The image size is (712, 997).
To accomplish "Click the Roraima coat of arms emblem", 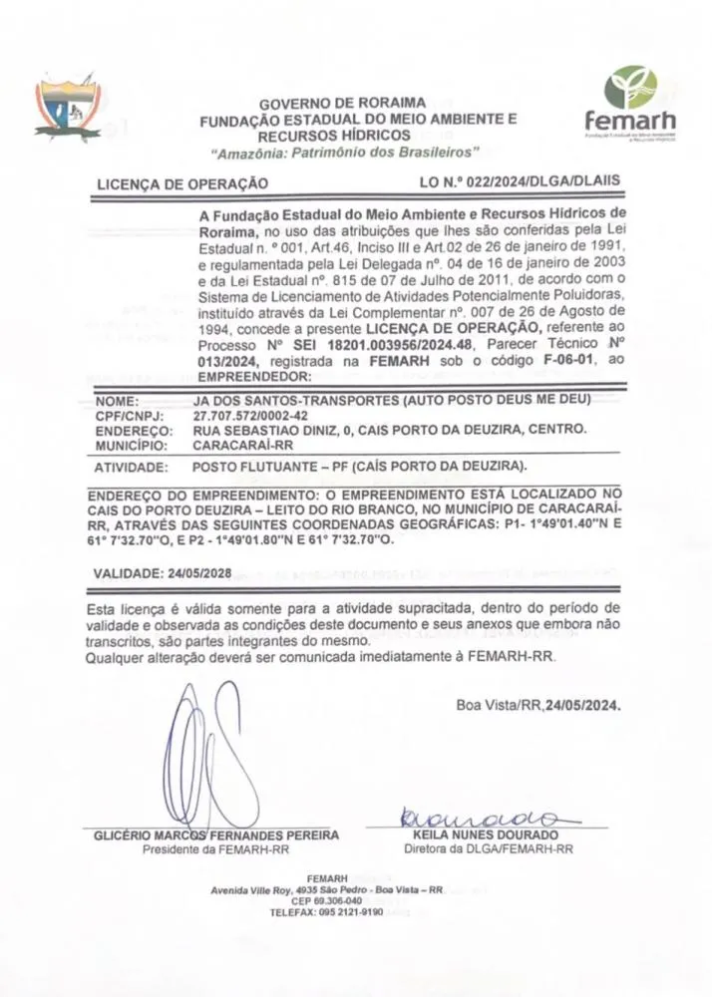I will coord(68,108).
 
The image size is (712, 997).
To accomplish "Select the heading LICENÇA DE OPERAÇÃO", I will coord(181,183).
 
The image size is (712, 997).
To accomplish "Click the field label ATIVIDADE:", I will coord(130,467).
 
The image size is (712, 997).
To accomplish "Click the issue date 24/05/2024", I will coord(582,705).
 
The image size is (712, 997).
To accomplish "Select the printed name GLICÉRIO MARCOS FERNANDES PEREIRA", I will coord(215,835).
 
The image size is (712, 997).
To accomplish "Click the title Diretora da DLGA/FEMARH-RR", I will coord(488,849).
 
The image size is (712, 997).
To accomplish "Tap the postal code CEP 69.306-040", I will coord(327,900).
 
